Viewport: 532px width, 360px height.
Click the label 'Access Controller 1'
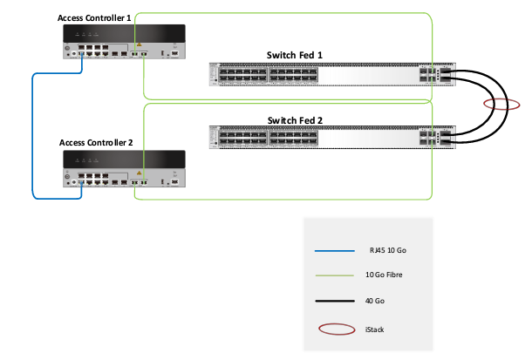coord(94,17)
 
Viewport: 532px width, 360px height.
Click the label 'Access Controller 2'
coord(96,142)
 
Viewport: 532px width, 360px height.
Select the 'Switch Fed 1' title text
coord(294,55)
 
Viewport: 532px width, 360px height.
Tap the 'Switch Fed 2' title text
coord(294,119)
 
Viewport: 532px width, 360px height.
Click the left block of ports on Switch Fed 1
coord(239,73)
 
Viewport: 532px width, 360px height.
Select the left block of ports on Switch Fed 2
coord(239,138)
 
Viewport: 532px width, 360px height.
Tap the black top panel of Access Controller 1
coord(122,33)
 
